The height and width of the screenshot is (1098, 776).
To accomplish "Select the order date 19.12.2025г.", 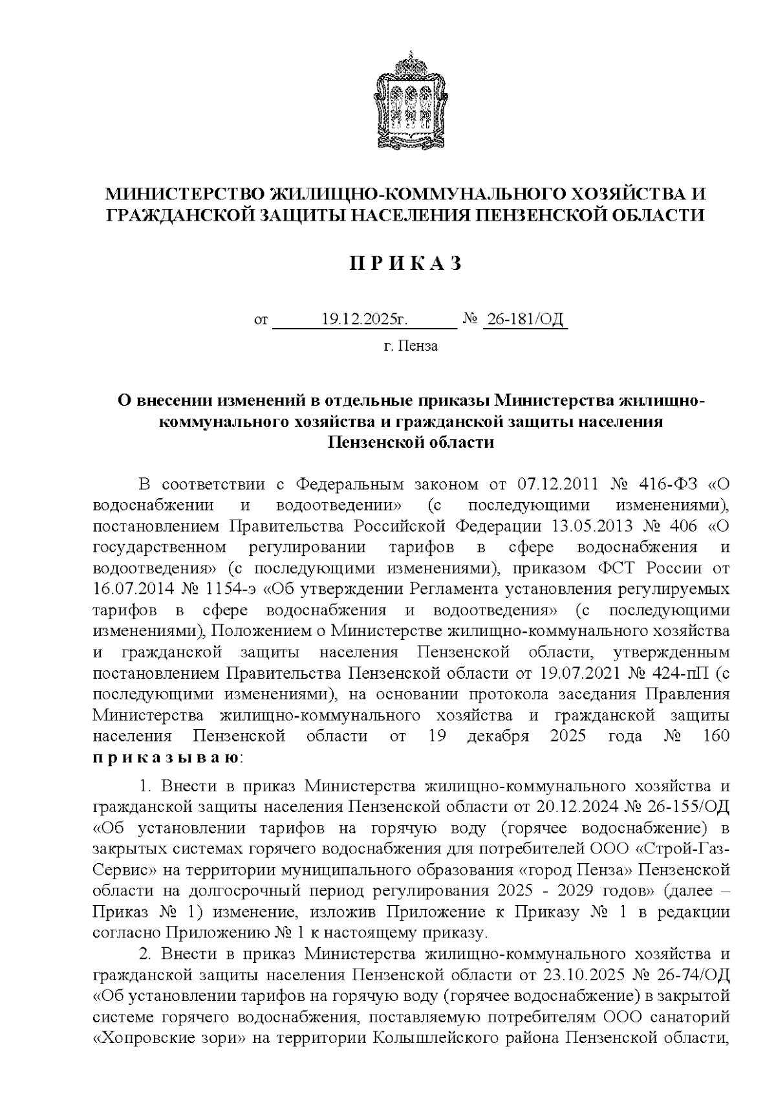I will [x=365, y=319].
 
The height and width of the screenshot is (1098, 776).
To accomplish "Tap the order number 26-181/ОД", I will [x=524, y=319].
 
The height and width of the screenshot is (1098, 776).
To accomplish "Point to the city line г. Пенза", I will [x=411, y=346].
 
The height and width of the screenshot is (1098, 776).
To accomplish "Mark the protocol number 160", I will [x=715, y=736].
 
